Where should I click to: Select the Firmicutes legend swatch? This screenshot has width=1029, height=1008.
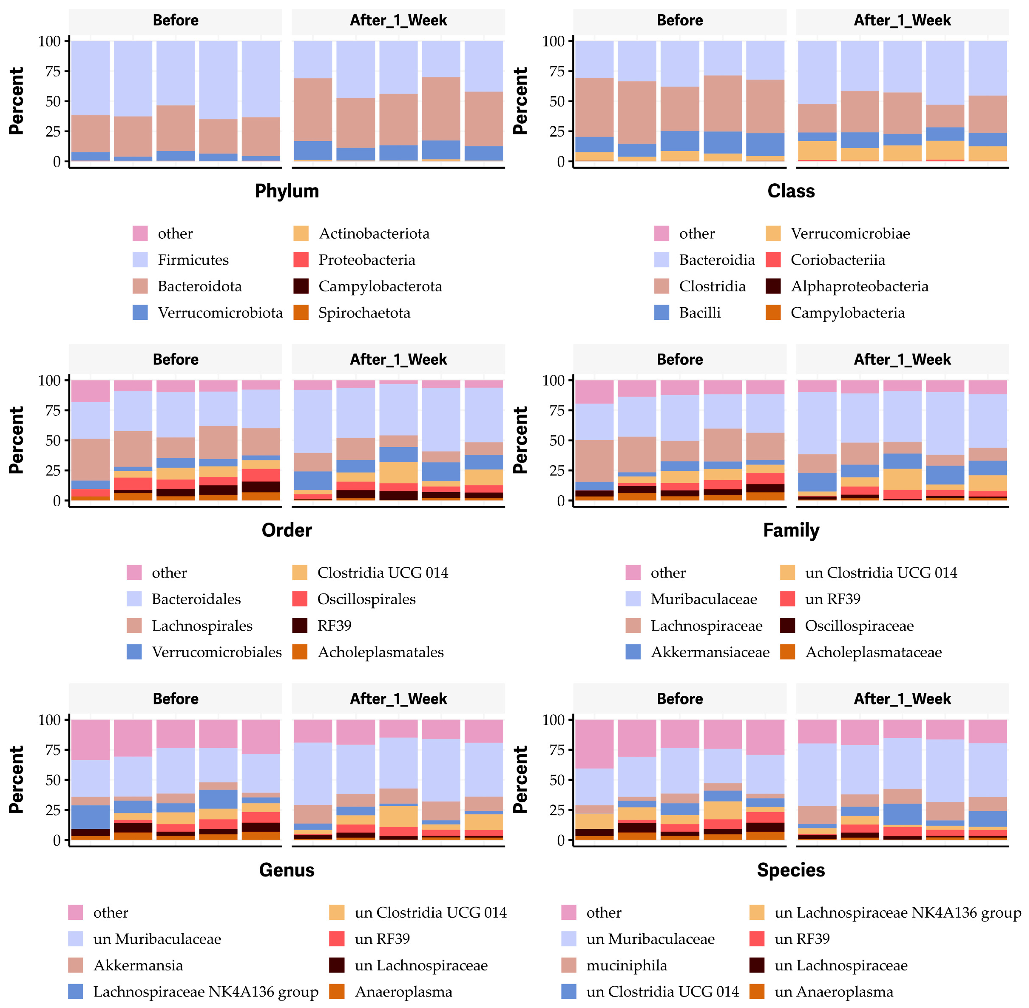pyautogui.click(x=140, y=260)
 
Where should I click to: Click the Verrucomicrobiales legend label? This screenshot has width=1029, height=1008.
pyautogui.click(x=217, y=652)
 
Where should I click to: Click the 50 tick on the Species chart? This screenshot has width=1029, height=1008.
pyautogui.click(x=557, y=780)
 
